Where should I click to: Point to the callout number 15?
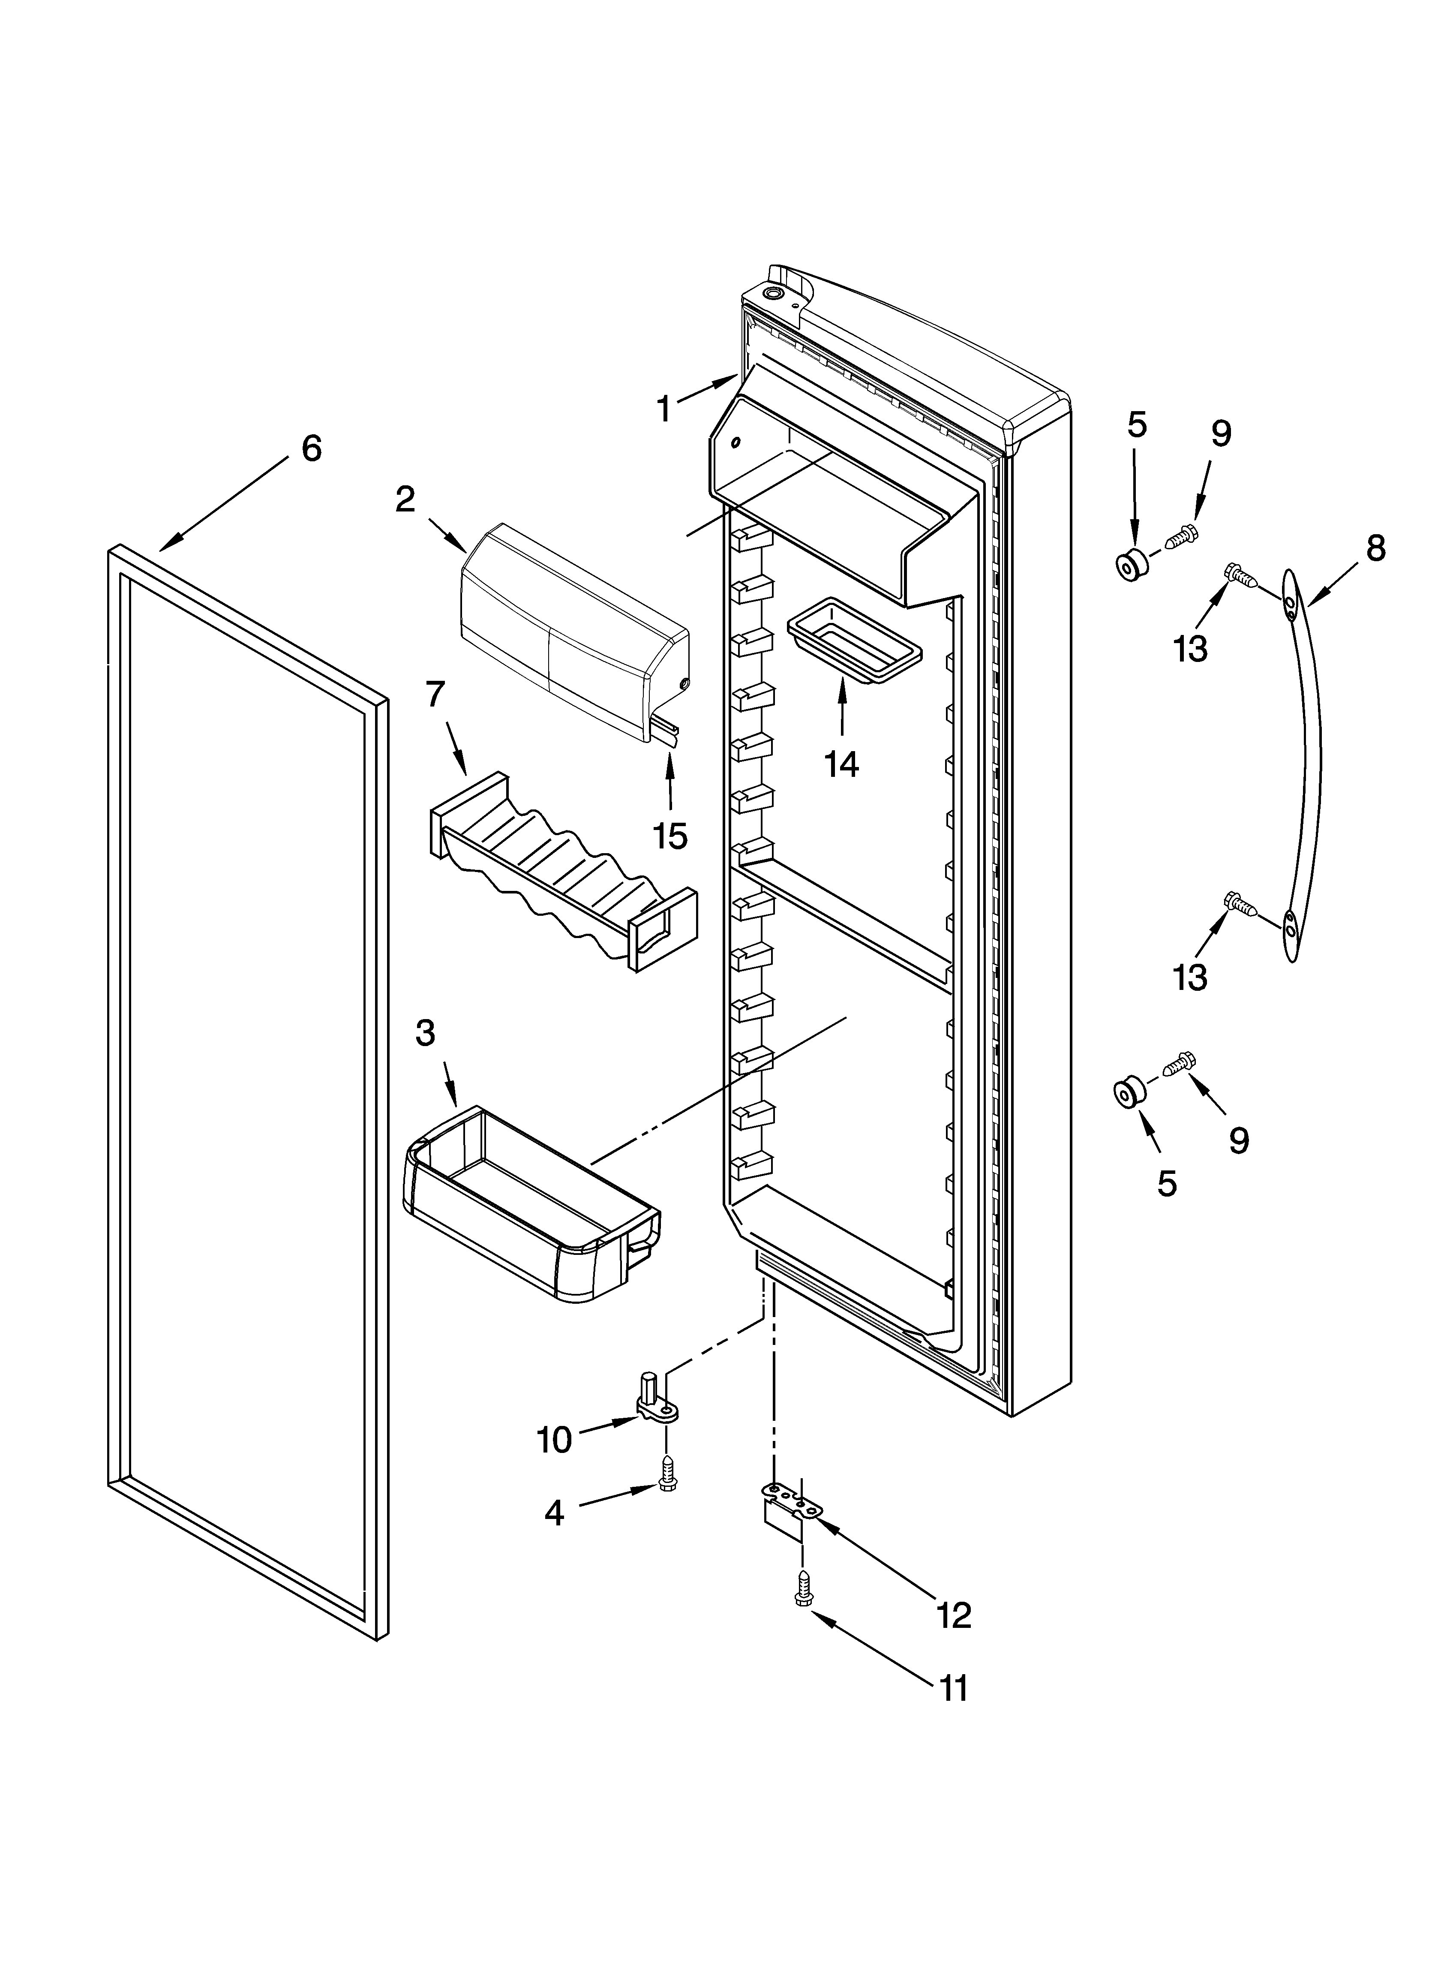670,836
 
